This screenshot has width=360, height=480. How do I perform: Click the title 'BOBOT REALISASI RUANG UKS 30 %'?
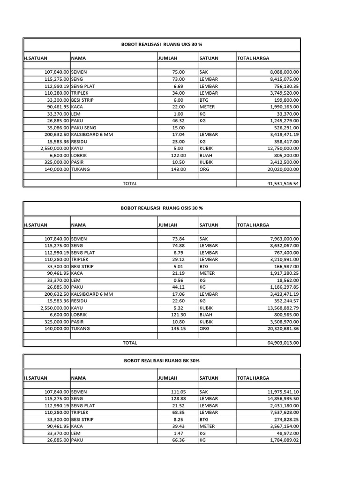pyautogui.click(x=162, y=44)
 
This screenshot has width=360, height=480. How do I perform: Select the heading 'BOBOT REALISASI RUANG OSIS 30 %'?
pyautogui.click(x=162, y=208)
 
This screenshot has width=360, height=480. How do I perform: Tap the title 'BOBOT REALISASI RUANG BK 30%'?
pyautogui.click(x=162, y=361)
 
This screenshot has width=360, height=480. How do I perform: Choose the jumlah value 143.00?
pyautogui.click(x=179, y=169)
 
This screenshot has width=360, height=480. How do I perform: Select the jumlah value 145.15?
pyautogui.click(x=179, y=329)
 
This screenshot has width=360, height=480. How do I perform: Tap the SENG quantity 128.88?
pyautogui.click(x=179, y=398)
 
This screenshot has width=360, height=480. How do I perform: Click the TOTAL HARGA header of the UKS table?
pyautogui.click(x=253, y=59)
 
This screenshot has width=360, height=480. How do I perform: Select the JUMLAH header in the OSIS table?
pyautogui.click(x=168, y=225)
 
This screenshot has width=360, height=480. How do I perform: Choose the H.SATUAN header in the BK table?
pyautogui.click(x=36, y=378)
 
